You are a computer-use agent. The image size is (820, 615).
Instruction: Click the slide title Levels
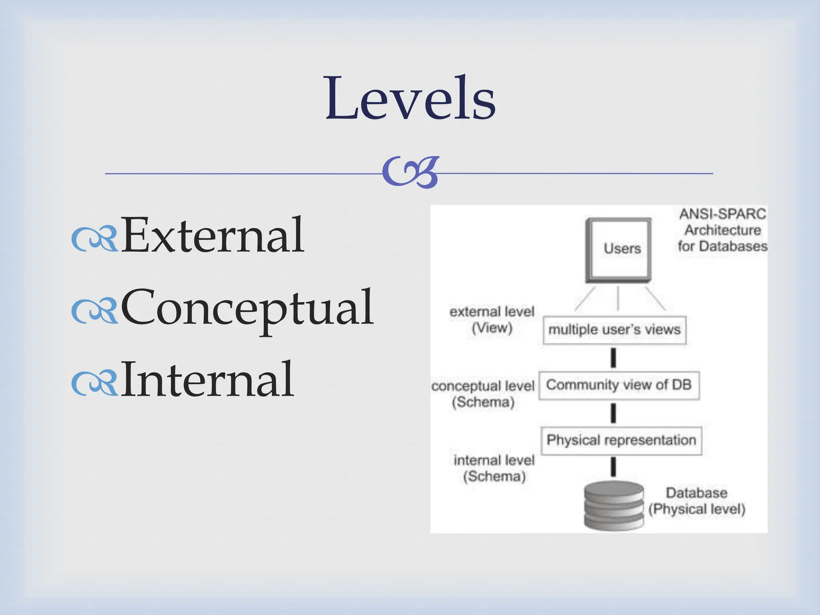[410, 98]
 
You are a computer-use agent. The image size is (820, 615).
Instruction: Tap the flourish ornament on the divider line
[410, 173]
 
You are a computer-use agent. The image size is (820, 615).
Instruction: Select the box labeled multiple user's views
[614, 330]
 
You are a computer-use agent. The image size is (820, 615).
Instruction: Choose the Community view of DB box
[619, 385]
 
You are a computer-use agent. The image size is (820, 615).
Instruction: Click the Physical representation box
[621, 440]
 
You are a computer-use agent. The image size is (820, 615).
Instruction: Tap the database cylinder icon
[614, 506]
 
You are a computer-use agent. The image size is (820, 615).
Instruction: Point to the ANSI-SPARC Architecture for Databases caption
[722, 230]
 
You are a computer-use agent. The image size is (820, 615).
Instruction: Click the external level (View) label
[492, 320]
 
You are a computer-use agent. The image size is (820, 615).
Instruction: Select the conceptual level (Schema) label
[483, 394]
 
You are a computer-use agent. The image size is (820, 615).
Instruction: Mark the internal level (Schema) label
[494, 468]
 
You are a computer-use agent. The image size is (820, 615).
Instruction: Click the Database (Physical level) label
[697, 501]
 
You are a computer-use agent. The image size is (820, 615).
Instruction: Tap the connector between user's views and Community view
[613, 358]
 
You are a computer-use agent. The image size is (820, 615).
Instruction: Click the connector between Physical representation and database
[613, 467]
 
